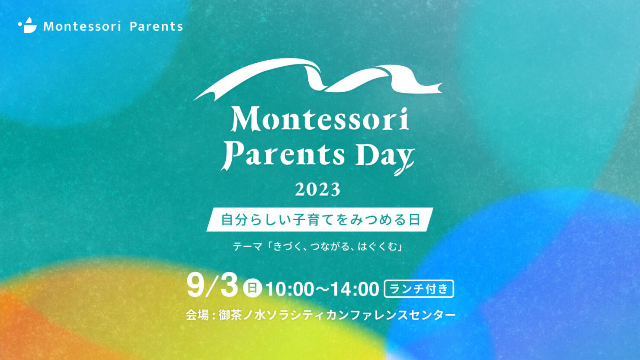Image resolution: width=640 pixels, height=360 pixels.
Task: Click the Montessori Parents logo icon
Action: point(27,26)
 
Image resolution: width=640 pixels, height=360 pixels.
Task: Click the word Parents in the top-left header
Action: point(156,26)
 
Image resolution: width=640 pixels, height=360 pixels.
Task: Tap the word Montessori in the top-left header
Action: point(82,26)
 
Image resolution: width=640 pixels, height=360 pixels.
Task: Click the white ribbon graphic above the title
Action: point(318,79)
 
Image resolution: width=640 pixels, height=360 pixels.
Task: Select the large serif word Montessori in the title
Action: point(320,119)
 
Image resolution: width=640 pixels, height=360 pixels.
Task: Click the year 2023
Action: point(318,190)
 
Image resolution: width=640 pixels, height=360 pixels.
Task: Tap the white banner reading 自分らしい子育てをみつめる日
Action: point(320,220)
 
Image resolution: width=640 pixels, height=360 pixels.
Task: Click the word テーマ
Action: point(247,246)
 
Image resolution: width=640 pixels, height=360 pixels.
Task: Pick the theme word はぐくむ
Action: point(377,246)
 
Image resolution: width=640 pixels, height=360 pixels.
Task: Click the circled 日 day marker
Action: point(252,288)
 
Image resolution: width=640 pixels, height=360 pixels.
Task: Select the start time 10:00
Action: point(290,289)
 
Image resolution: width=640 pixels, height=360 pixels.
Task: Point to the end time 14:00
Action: point(355,289)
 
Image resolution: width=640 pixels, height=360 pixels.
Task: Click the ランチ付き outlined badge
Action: point(419,289)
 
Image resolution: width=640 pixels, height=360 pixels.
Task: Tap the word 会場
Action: point(198,315)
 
